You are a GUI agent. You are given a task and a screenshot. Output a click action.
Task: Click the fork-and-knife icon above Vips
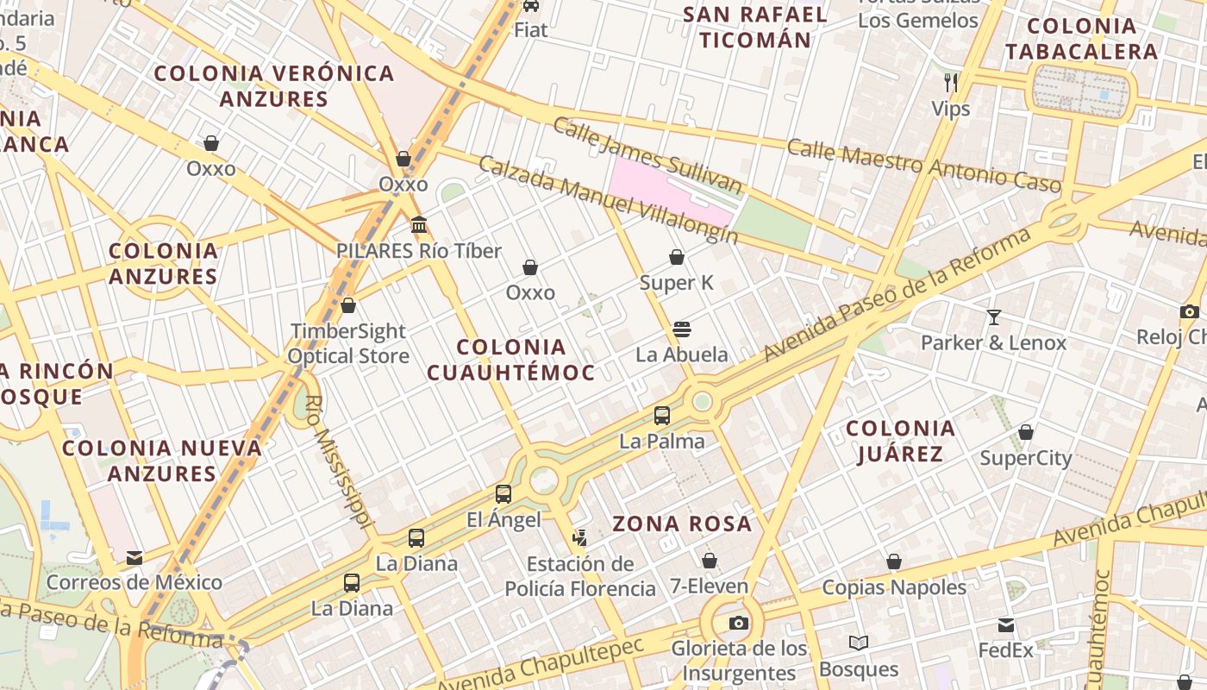[x=951, y=83]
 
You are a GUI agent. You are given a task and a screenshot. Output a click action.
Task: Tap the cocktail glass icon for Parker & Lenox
[x=993, y=317]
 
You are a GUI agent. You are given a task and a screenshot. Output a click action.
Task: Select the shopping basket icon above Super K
[x=677, y=257]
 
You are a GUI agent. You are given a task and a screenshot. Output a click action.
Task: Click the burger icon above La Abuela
[x=682, y=329]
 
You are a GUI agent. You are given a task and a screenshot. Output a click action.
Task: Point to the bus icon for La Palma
[x=662, y=416]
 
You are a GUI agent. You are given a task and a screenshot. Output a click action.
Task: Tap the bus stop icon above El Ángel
[x=503, y=494]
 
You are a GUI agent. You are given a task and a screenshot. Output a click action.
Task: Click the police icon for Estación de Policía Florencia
[x=579, y=538]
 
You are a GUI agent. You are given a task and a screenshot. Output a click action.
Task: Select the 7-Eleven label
[x=710, y=586]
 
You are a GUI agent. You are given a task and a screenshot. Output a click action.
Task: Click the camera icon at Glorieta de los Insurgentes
[x=739, y=623]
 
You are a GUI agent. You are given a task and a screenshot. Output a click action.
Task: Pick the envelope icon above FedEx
[x=1005, y=625]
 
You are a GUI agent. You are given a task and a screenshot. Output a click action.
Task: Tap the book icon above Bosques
[x=859, y=643]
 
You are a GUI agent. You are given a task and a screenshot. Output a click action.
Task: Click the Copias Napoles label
[x=894, y=587]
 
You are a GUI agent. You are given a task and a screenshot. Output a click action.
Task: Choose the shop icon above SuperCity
[x=1026, y=432]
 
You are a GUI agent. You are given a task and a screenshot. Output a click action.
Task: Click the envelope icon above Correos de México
[x=134, y=557]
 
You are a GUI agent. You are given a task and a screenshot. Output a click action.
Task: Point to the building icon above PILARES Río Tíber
[x=419, y=225]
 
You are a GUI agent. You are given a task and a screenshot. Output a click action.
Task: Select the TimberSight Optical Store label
[x=348, y=343]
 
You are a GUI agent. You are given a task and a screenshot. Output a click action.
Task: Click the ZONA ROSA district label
[x=682, y=524]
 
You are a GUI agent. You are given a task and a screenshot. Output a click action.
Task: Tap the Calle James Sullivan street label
[x=647, y=156]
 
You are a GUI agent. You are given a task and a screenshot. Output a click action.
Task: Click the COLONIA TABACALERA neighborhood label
[x=1081, y=39]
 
